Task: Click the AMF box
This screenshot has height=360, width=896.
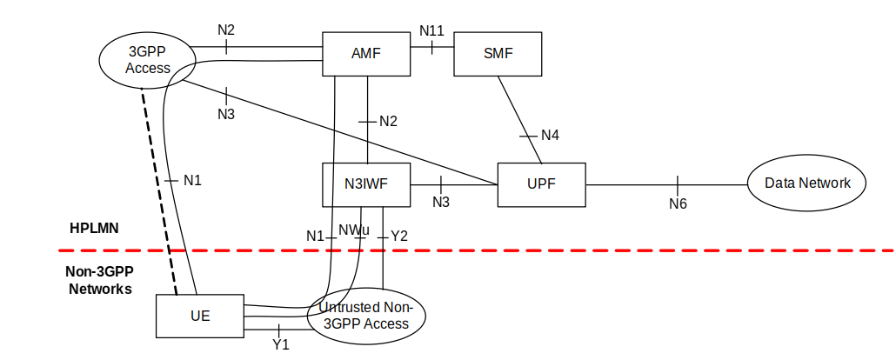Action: [x=365, y=54]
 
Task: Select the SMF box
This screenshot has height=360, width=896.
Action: [x=498, y=54]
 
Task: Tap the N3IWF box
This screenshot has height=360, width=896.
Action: [x=365, y=184]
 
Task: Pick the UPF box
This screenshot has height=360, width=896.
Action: [x=541, y=184]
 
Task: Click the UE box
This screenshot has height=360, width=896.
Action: [x=200, y=316]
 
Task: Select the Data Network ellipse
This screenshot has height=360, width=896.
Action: [x=806, y=183]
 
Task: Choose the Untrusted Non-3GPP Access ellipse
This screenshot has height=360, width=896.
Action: [x=366, y=316]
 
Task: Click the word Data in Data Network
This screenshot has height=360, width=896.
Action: [x=779, y=183]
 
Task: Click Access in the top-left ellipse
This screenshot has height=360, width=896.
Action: [x=147, y=68]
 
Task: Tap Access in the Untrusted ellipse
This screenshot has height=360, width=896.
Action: [x=386, y=323]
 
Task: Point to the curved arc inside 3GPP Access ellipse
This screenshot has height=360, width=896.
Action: [x=181, y=72]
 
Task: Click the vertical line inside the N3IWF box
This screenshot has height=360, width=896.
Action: [x=332, y=184]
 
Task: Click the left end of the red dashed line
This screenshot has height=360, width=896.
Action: [x=59, y=250]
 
